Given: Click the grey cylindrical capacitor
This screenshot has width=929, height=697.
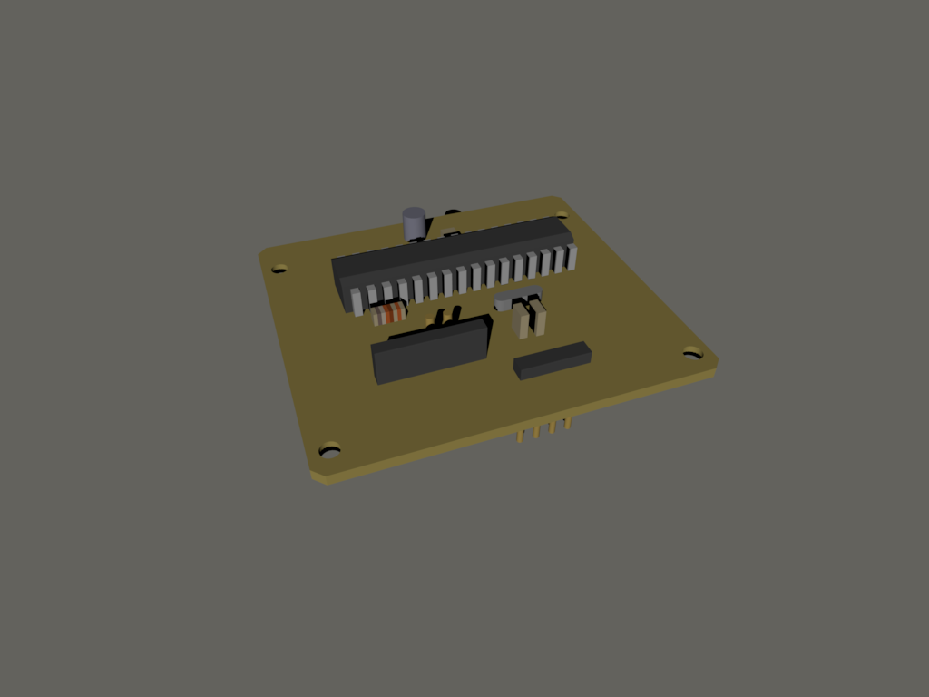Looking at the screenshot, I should [414, 222].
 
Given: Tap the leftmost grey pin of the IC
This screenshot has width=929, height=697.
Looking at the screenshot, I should [357, 301].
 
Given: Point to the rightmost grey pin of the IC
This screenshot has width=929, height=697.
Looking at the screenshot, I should [572, 257].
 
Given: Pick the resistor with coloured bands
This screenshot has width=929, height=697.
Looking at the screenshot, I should [389, 313].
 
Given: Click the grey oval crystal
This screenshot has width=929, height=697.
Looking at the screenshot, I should [517, 296].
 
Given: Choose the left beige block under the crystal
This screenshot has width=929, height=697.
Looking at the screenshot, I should [521, 320].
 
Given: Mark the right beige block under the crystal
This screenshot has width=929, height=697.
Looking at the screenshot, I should [539, 317].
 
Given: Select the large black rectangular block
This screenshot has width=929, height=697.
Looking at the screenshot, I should [431, 350].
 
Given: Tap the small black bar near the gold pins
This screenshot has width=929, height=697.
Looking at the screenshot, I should [552, 360].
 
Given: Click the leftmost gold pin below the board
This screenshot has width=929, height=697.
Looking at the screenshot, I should [520, 437].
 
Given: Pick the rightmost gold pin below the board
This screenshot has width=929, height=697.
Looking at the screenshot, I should [568, 423].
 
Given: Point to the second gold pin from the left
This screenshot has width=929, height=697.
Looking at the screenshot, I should [536, 432].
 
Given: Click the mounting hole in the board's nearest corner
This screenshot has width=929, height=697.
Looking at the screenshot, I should [330, 448].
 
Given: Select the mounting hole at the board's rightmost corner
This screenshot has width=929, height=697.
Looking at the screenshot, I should [692, 352].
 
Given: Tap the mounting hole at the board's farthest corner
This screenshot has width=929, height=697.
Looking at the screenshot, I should [562, 216].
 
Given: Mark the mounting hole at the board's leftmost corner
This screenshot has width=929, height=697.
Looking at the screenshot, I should [279, 268].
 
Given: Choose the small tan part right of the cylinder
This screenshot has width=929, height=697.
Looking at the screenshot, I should [451, 233].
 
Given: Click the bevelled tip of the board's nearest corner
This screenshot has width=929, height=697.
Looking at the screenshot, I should [320, 476].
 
